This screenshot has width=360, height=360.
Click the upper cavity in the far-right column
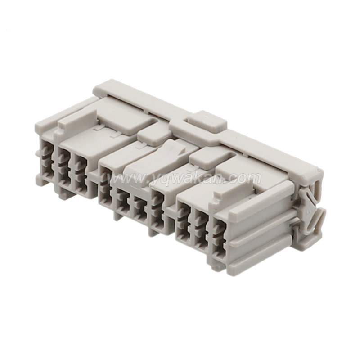(219, 228)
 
